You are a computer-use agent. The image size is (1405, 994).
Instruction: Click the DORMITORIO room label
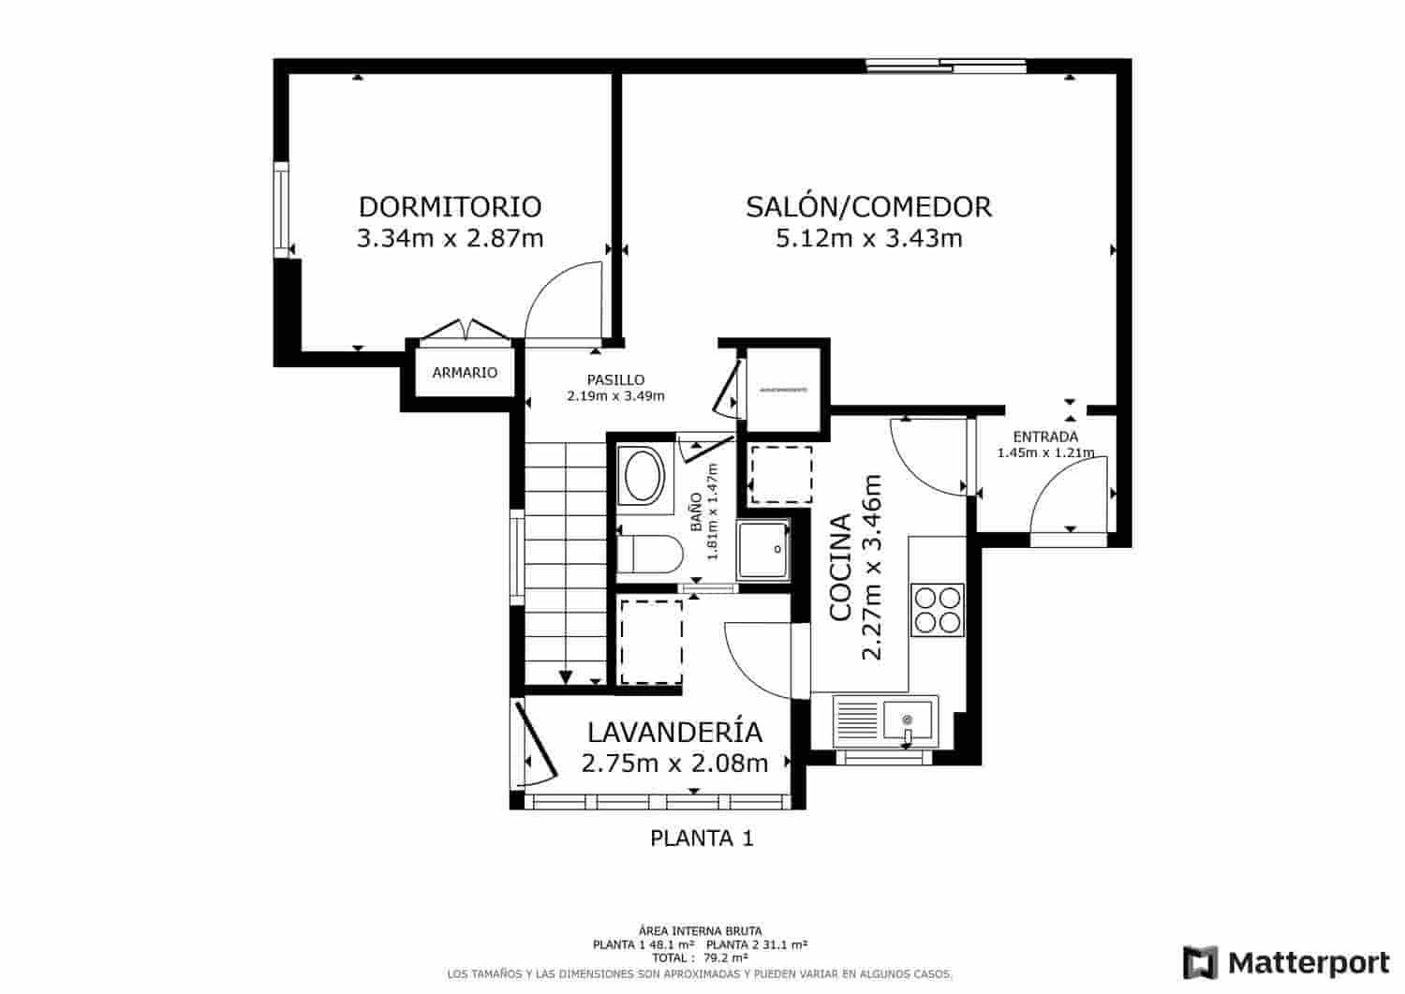(x=450, y=206)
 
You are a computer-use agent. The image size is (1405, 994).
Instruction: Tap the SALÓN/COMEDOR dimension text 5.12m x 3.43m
(x=868, y=239)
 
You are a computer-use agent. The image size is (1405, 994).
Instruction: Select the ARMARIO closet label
(x=465, y=373)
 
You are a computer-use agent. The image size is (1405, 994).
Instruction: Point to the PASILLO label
(x=615, y=379)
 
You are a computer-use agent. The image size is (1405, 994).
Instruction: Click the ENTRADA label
(x=1045, y=437)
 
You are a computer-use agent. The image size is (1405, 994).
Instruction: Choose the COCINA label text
(x=840, y=566)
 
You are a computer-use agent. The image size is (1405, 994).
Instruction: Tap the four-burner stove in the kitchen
(x=938, y=610)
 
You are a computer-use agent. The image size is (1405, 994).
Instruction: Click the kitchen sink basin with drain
(x=908, y=720)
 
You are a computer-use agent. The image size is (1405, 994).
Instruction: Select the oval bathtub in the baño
(x=643, y=476)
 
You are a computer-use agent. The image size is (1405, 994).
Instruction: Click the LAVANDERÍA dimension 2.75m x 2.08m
(x=674, y=764)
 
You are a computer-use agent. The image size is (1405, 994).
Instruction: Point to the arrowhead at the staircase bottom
(x=566, y=677)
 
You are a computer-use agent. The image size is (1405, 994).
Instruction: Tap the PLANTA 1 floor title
(x=702, y=838)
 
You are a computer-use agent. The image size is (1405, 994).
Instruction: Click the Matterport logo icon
(x=1201, y=962)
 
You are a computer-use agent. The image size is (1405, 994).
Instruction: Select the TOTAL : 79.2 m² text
(x=702, y=958)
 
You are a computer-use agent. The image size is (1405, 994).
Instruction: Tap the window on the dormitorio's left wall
(x=281, y=209)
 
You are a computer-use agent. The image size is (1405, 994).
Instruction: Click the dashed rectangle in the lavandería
(x=651, y=643)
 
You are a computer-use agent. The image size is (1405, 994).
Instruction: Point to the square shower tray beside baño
(x=762, y=550)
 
